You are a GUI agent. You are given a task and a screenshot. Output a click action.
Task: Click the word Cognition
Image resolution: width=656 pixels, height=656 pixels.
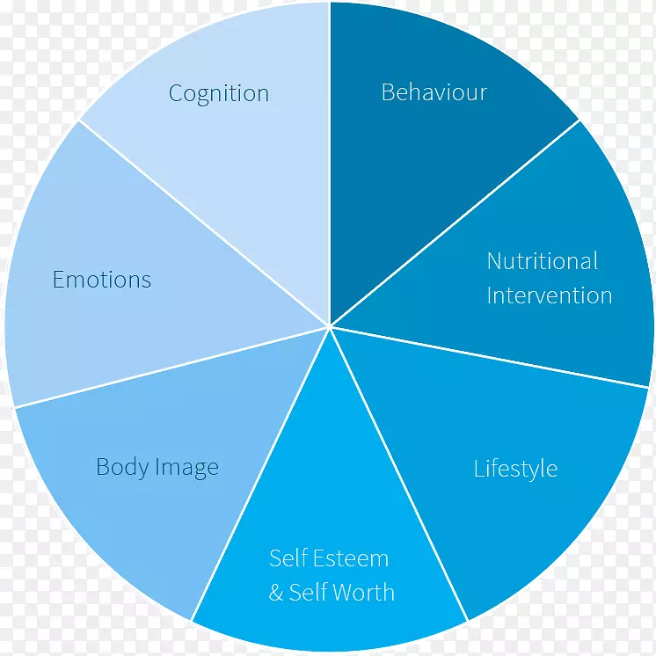[x=219, y=94]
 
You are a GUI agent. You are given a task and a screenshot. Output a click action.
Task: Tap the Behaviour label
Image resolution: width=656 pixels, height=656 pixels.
[x=434, y=92]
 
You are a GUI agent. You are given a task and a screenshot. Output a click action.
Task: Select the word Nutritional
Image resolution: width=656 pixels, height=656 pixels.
[x=543, y=261]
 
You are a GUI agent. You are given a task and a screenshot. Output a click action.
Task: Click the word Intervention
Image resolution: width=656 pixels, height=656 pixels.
[x=550, y=295]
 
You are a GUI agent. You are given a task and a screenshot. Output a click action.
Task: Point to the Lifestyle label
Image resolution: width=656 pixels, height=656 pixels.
[x=515, y=469]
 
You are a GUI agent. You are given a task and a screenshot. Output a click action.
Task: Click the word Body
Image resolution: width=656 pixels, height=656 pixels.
[x=122, y=467]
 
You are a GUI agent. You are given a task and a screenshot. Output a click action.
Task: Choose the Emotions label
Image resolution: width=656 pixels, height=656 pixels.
[x=102, y=281]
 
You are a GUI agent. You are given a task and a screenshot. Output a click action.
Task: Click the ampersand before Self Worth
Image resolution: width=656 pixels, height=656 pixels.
[x=276, y=593]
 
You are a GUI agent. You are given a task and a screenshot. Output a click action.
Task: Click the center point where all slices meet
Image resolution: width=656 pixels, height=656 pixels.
[x=330, y=327]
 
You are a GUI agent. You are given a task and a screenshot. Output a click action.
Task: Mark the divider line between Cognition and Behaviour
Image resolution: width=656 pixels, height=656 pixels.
[x=330, y=167]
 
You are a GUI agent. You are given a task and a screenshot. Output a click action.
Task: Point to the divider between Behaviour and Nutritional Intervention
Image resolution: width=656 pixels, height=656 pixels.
[x=455, y=223]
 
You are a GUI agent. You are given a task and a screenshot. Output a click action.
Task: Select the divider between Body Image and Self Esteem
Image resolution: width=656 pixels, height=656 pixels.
[x=261, y=475]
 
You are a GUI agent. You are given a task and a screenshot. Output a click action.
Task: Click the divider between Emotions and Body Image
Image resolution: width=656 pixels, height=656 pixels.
[x=172, y=367]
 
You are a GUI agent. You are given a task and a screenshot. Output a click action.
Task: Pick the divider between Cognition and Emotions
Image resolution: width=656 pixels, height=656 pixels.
[x=205, y=223]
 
